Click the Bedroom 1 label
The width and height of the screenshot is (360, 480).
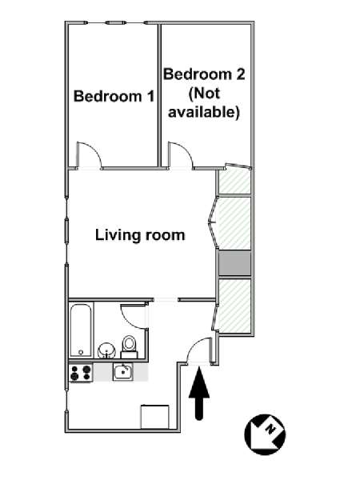(x=114, y=96)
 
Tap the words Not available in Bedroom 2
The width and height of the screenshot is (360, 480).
(x=204, y=103)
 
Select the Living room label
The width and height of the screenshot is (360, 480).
(x=140, y=235)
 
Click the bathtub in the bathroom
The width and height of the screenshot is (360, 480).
(x=81, y=330)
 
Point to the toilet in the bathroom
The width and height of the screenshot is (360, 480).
(x=129, y=347)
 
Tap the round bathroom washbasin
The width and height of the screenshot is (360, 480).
(x=106, y=350)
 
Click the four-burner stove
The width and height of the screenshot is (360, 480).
(x=81, y=373)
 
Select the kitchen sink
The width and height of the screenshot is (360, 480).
(x=123, y=372)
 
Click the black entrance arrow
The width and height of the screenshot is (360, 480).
(x=199, y=394)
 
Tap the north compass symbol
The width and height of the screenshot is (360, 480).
(x=265, y=434)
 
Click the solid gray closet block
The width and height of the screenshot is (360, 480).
(x=234, y=263)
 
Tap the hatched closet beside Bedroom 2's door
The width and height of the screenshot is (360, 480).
(x=234, y=182)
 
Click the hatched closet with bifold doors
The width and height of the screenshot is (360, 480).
(x=234, y=223)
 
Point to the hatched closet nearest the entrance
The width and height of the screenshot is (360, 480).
(x=234, y=306)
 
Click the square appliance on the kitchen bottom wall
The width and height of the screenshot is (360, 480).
(x=155, y=417)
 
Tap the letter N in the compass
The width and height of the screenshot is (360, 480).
(x=270, y=429)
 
